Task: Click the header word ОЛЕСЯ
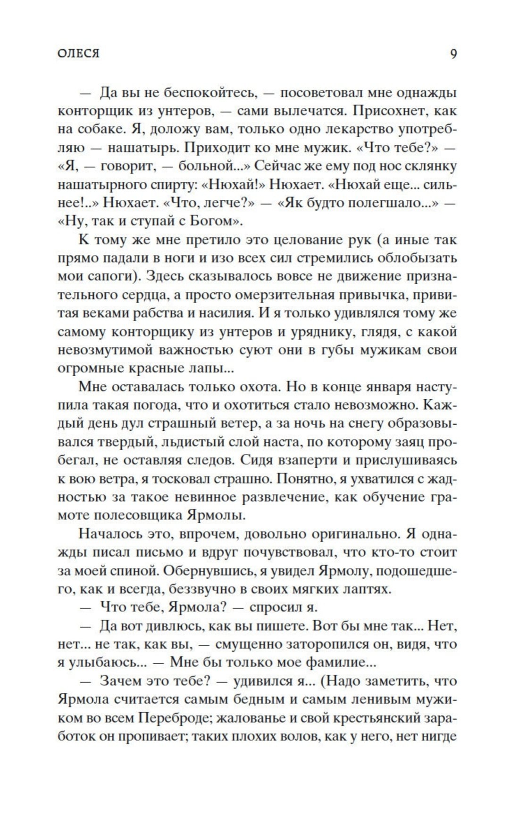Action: (78, 54)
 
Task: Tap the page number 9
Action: (453, 54)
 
